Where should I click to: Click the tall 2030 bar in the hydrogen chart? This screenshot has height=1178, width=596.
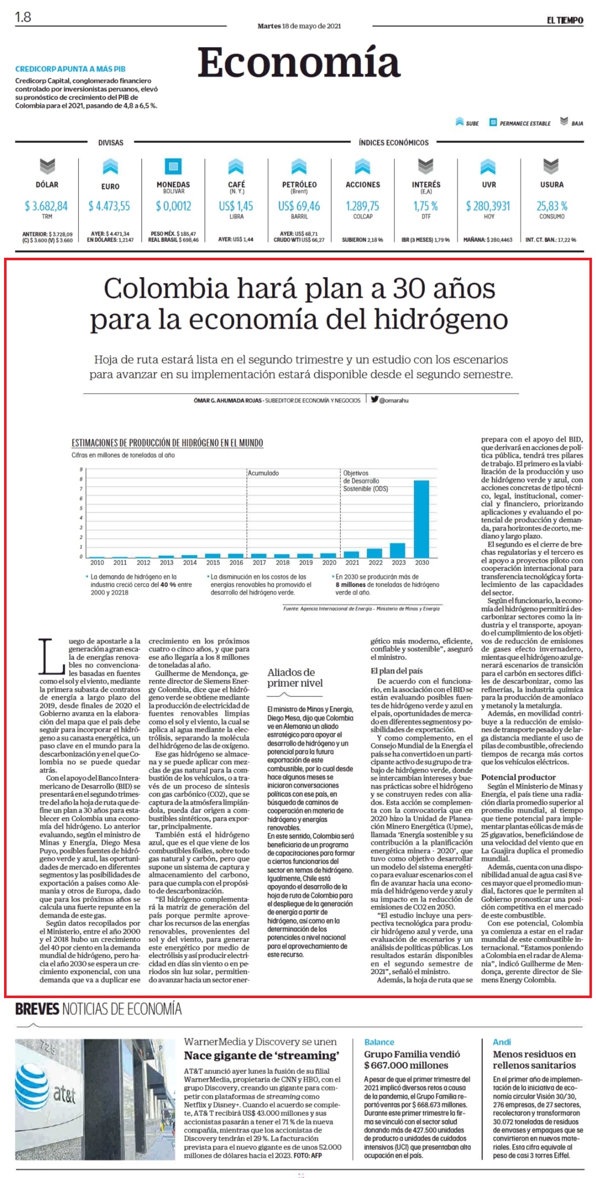coord(422,518)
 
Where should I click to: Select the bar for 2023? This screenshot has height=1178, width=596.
coord(398,550)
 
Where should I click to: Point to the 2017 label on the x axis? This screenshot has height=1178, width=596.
coord(259,562)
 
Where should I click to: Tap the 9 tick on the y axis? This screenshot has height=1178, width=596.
coord(81,469)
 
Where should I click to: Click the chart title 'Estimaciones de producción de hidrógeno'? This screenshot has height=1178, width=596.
coord(167,443)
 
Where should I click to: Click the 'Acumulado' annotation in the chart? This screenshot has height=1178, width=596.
coord(263,473)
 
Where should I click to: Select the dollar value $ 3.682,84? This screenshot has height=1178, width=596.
coord(46,206)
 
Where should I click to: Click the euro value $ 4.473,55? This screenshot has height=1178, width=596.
coord(109,206)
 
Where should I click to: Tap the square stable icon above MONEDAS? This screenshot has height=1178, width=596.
coord(173,166)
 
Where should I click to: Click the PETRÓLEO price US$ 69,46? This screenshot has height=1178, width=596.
coord(299,206)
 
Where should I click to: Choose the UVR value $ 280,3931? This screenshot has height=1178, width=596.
coord(488,206)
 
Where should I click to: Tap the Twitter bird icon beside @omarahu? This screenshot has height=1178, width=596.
coord(374,400)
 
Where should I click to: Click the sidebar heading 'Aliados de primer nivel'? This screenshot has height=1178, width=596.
coord(295,678)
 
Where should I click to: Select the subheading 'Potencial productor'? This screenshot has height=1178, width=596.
coord(518,777)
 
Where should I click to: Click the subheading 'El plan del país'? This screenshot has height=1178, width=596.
coord(397,671)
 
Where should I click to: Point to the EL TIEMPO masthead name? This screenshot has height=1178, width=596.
coord(565,20)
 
